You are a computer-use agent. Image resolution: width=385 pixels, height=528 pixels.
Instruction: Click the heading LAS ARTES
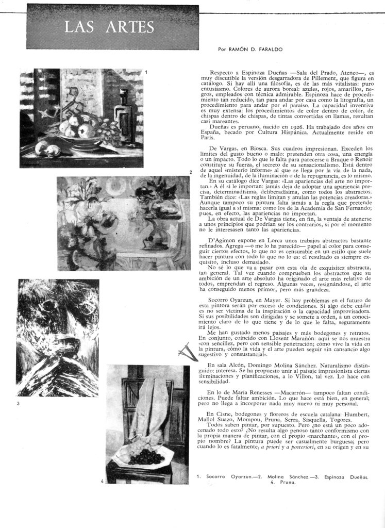tap(109, 27)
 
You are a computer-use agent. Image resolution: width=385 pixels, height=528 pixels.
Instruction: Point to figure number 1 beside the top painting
tap(146, 73)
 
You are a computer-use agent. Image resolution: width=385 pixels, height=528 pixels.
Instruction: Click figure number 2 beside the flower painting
tap(191, 172)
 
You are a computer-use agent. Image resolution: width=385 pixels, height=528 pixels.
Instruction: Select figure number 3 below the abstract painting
tap(19, 403)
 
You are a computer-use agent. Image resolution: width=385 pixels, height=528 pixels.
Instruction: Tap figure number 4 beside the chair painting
tap(103, 481)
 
